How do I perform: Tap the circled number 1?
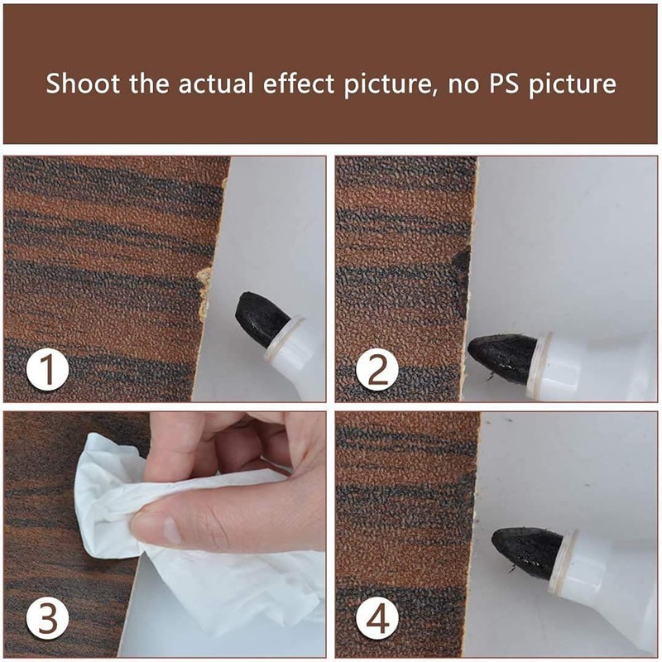coord(47,368)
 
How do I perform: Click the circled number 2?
coord(378,369)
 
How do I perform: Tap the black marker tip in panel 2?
coord(503,357)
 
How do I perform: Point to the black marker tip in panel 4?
coord(527,551)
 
